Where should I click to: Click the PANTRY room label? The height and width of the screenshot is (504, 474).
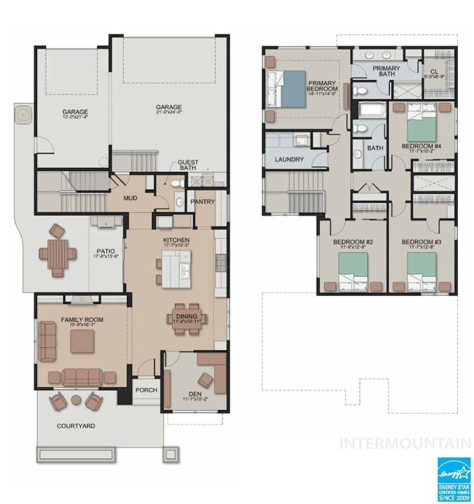(202, 201)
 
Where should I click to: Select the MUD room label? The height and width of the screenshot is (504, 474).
(130, 198)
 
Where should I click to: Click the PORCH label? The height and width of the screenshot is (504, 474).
(146, 390)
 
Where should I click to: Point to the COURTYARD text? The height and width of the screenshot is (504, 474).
(76, 426)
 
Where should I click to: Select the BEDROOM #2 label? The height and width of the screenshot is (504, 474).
(352, 242)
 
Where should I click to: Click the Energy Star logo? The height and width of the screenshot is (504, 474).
(454, 478)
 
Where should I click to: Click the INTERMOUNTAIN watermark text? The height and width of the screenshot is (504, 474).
(405, 444)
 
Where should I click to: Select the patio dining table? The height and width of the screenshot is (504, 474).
(57, 254)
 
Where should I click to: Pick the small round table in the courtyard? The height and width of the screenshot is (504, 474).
(76, 399)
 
